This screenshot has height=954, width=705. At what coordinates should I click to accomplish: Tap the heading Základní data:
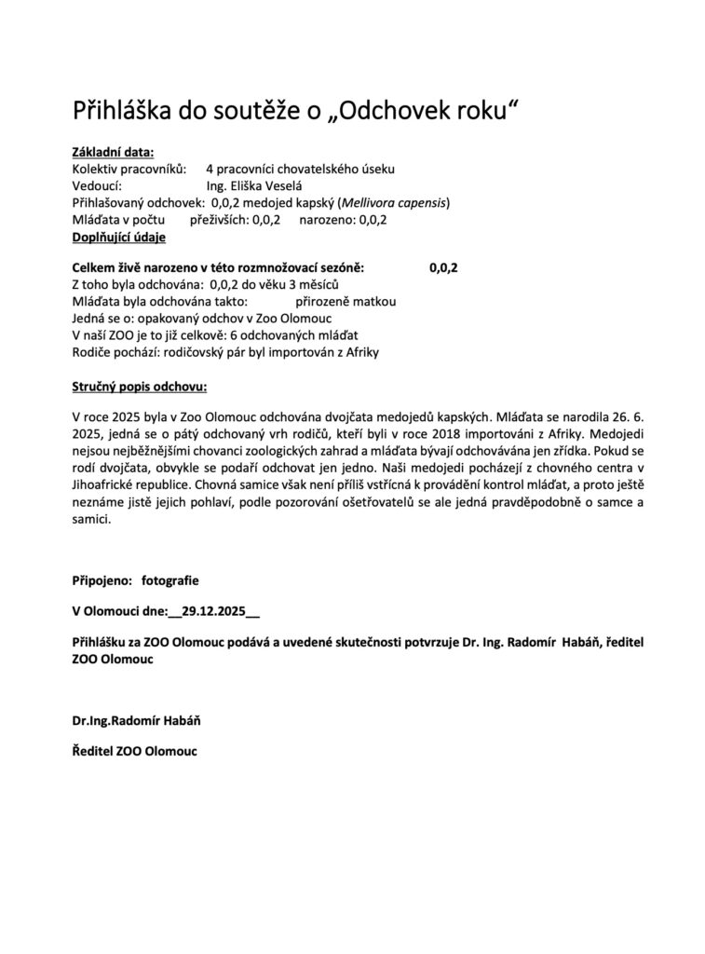click(x=114, y=153)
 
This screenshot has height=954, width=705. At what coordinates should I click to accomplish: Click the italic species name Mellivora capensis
click(x=395, y=203)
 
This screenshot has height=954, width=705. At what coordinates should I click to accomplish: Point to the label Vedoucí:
click(x=98, y=186)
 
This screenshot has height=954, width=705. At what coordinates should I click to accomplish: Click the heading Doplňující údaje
click(x=119, y=238)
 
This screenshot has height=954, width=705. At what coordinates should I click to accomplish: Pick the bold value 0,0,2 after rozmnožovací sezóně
click(x=444, y=267)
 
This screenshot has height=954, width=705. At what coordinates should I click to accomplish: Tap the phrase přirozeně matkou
click(x=346, y=302)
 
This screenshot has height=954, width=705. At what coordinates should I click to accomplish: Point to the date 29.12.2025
click(x=215, y=612)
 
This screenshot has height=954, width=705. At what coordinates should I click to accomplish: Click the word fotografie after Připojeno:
click(x=170, y=579)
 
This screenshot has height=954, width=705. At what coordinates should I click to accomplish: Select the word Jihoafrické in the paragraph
click(x=107, y=488)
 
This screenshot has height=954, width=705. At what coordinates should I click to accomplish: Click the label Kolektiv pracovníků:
click(x=129, y=170)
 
